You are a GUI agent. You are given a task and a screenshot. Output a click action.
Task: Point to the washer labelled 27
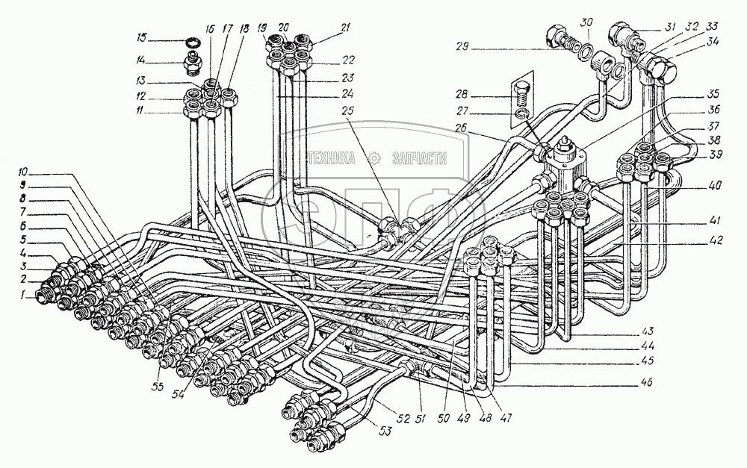(522, 113)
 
